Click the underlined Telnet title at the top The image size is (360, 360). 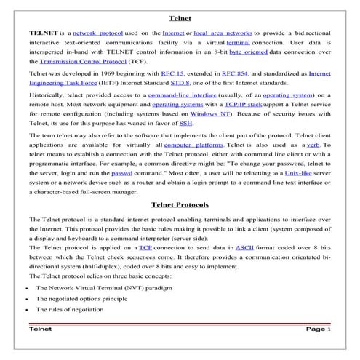coord(180,17)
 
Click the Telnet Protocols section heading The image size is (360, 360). coord(180,204)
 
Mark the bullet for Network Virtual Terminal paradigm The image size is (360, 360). coord(27,288)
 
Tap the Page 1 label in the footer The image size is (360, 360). coord(318,329)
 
